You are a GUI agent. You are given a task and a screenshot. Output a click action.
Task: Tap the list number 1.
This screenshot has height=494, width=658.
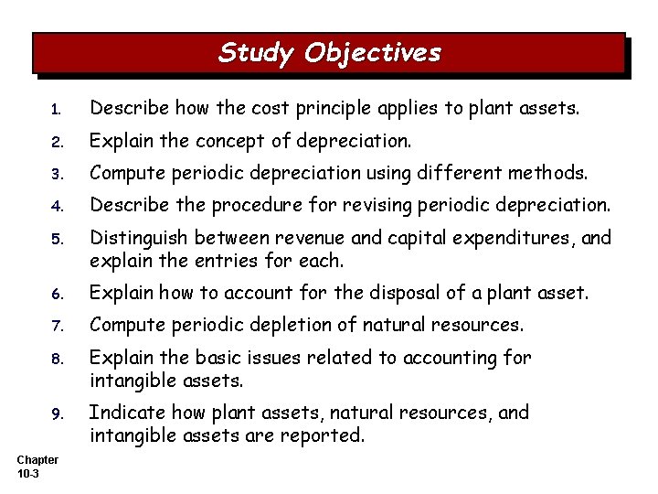[56, 111]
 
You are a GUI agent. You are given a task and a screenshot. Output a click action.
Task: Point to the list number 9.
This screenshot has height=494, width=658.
[56, 418]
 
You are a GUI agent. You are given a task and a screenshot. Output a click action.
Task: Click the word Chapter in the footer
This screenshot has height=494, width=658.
[37, 460]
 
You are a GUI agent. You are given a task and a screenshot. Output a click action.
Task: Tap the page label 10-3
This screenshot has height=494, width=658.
[28, 474]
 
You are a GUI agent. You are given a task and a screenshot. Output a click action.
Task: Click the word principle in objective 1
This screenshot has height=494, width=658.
[320, 110]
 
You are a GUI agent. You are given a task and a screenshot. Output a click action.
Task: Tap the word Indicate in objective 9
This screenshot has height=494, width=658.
[122, 412]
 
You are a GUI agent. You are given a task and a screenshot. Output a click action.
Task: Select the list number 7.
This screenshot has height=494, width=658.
[56, 325]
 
